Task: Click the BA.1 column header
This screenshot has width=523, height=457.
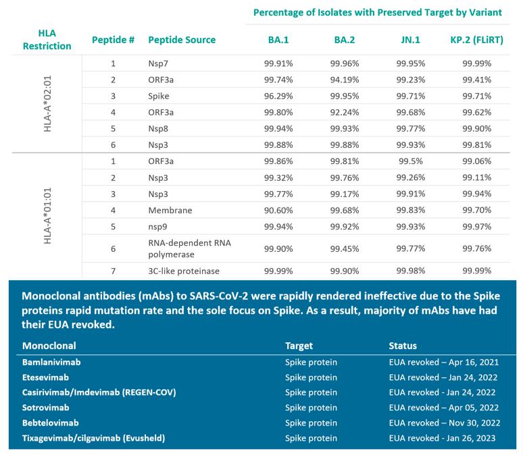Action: pos(278,40)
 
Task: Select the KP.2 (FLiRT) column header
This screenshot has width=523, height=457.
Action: pos(476,40)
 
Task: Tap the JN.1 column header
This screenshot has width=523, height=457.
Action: pos(410,40)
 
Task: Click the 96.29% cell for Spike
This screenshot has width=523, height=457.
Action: pos(278,97)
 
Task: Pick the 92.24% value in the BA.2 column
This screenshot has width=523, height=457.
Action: pos(345,112)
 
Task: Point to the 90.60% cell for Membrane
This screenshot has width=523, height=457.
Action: pos(278,210)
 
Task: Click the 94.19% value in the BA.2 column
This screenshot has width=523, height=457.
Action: pos(345,80)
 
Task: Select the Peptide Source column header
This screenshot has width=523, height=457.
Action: pos(182,40)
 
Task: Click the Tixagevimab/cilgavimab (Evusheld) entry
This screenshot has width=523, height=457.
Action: pos(93,438)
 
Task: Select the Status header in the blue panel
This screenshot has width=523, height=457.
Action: pos(403,346)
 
